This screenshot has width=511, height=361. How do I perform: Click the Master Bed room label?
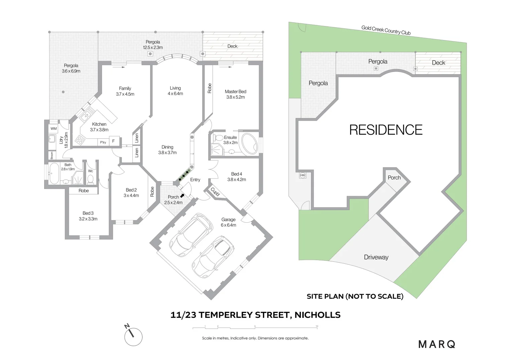(x=235, y=94)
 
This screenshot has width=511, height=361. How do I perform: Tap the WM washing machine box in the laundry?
(x=54, y=129)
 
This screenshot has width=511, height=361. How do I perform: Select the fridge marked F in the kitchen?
(x=113, y=141)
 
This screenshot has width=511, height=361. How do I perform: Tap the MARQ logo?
(x=437, y=344)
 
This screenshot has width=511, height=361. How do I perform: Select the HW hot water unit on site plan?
(x=303, y=175)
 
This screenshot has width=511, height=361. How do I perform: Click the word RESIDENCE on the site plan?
(x=386, y=130)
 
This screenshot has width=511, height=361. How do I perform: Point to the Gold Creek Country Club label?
(x=386, y=30)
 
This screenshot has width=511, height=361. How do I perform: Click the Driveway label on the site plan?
(x=376, y=257)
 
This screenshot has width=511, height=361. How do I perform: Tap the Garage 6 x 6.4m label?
(x=228, y=222)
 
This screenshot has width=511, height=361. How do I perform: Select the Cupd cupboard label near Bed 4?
(x=214, y=192)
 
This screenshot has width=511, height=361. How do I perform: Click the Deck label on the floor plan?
(x=232, y=46)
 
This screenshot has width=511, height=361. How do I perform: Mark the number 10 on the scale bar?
(x=317, y=326)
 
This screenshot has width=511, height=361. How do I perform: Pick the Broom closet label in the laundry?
(x=52, y=155)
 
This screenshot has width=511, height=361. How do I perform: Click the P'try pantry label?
(x=103, y=142)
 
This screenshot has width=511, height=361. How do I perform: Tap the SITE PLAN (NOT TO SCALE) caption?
(x=355, y=296)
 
